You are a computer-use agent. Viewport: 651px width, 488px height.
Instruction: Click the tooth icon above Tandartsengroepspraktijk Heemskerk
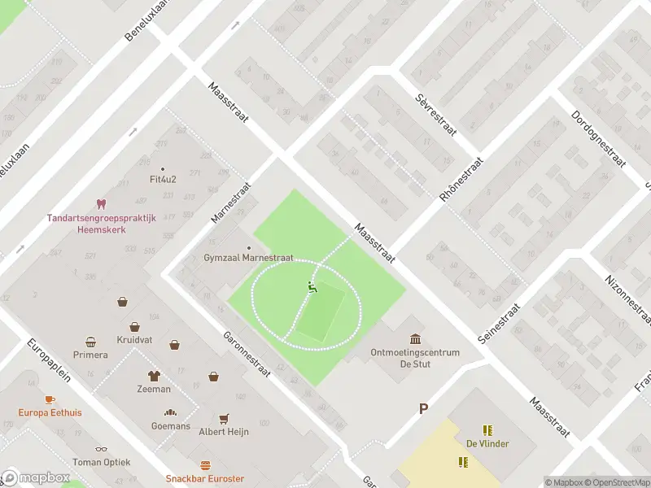point(102,203)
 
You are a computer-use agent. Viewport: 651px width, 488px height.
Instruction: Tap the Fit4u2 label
point(163,179)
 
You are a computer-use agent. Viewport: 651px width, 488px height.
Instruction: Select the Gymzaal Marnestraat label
point(248,258)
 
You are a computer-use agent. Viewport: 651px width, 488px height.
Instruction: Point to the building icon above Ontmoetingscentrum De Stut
point(415,339)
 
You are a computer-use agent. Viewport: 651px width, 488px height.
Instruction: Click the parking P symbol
point(422,408)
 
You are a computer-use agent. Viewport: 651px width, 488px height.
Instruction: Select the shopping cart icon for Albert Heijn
point(224,418)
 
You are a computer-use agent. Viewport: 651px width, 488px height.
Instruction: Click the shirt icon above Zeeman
point(154,376)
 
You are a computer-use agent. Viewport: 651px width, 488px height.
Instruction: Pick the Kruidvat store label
point(135,339)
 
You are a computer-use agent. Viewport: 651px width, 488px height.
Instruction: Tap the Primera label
point(90,355)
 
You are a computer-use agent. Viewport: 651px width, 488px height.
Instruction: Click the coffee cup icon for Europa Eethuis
point(50,399)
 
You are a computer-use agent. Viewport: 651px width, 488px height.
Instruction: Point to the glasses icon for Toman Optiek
point(101,448)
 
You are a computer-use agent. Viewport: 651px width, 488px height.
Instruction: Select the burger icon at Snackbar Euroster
point(205,466)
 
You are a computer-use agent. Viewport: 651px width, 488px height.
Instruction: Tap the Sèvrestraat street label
point(434,113)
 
